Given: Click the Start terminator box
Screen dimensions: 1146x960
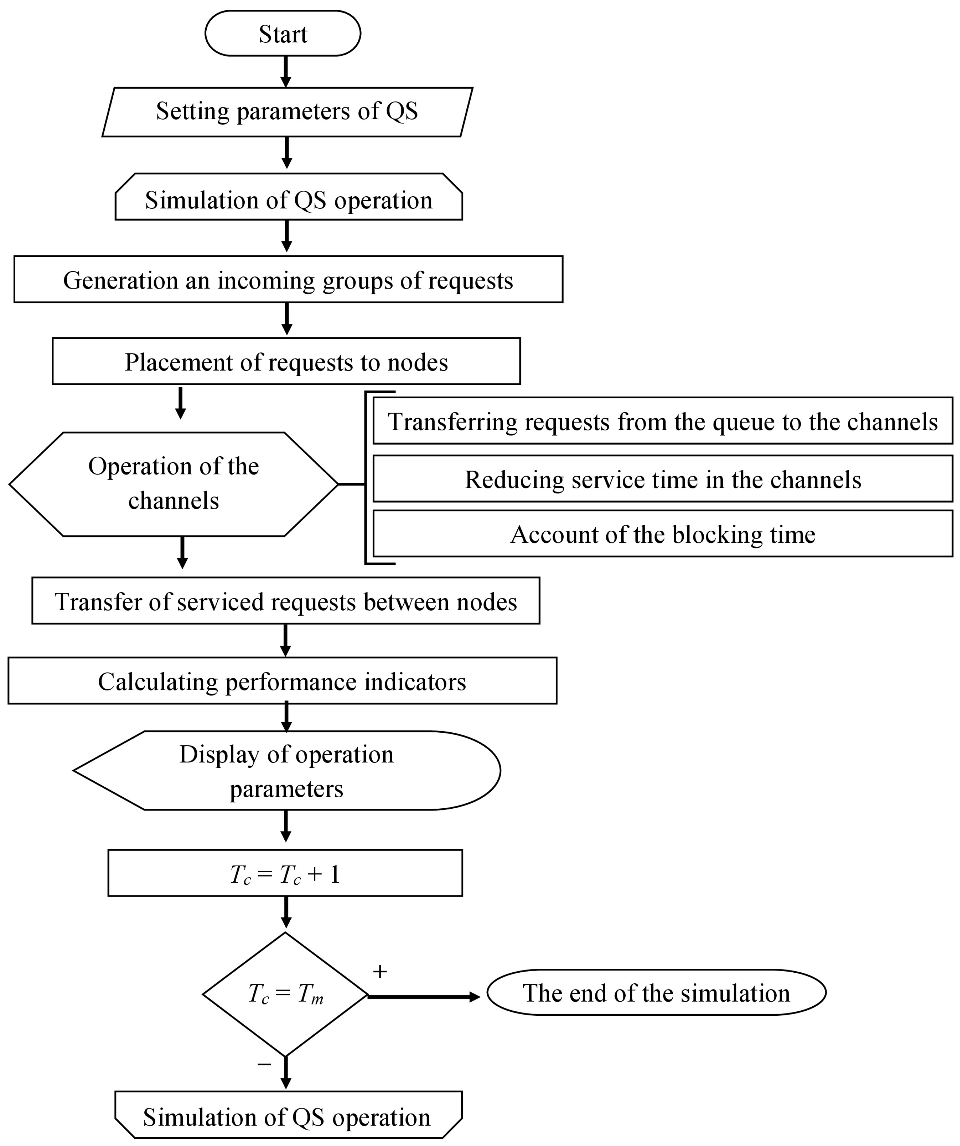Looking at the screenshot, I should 283,33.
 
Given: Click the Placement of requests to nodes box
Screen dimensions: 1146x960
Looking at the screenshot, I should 286,361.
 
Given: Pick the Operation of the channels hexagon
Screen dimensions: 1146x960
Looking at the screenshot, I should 174,484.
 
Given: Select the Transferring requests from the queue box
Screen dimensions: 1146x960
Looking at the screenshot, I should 662,421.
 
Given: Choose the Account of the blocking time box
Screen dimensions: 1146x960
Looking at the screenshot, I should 662,534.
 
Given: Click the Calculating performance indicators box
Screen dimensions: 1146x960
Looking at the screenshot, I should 282,681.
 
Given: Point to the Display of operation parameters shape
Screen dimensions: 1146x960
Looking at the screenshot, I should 286,771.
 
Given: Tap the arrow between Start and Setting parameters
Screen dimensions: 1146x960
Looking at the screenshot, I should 285,71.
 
